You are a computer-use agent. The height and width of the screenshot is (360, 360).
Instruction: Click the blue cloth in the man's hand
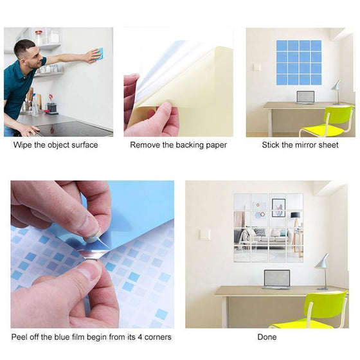coord(98,54)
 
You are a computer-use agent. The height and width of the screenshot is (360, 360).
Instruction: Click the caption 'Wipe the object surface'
coord(56,145)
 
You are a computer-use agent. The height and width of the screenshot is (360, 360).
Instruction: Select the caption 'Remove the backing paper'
coord(178,145)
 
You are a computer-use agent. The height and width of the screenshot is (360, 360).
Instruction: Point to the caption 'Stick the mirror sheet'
coord(300,145)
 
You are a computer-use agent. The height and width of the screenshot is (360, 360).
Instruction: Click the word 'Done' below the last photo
coord(267,337)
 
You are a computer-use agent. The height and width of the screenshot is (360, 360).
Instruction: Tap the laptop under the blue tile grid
coord(305,97)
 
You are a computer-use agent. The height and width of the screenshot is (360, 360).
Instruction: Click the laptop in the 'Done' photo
coord(276,279)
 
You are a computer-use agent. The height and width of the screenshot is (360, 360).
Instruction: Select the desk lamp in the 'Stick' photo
coord(336,91)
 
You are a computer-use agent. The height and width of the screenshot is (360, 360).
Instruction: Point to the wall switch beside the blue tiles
coord(257,66)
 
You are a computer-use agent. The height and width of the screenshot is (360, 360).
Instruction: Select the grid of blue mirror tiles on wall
coord(299,62)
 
